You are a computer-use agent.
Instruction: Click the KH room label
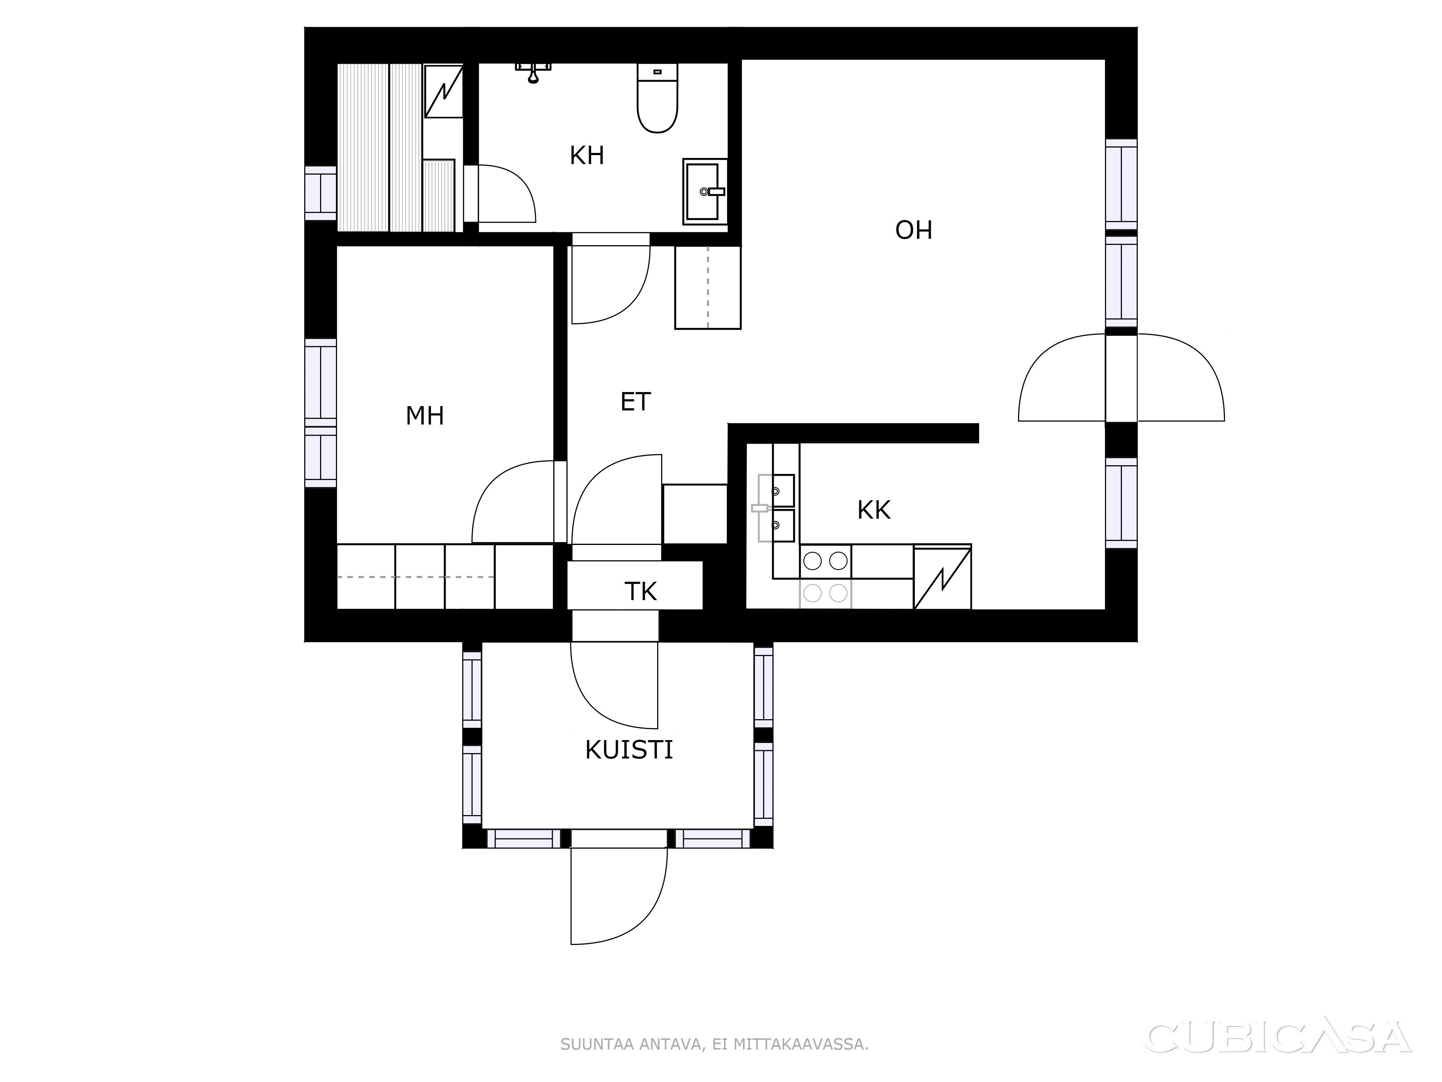tap(587, 156)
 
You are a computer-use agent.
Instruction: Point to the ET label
tap(636, 402)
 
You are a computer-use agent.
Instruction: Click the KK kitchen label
tap(873, 510)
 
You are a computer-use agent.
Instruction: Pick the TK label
tap(640, 591)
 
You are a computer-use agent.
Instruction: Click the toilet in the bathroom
tap(657, 98)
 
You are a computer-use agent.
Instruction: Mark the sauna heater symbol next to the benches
tap(443, 91)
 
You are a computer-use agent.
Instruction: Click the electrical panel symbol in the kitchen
tap(942, 577)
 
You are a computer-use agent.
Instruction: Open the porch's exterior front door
tap(618, 896)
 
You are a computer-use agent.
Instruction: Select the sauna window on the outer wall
tap(321, 193)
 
